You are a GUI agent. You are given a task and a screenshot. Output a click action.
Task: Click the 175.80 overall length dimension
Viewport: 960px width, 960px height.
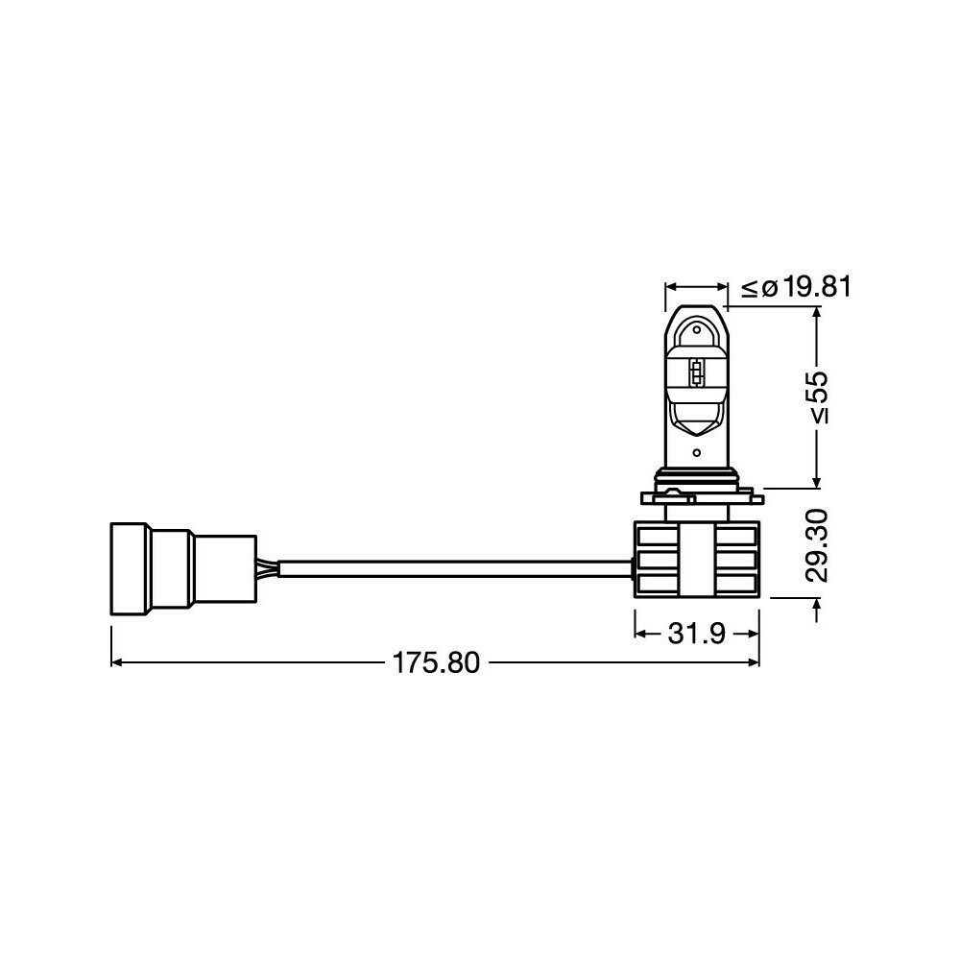click(x=435, y=663)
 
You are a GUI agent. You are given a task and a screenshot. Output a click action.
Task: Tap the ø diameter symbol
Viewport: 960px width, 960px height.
click(x=769, y=287)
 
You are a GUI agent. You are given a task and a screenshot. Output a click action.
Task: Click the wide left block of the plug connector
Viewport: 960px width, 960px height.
click(x=130, y=568)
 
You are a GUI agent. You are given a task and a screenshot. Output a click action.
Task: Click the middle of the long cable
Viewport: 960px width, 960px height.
click(x=451, y=569)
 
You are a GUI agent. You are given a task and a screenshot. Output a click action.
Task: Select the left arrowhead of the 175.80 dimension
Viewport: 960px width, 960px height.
click(x=117, y=662)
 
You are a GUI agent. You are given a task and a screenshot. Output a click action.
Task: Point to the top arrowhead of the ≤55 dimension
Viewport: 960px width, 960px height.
click(x=817, y=314)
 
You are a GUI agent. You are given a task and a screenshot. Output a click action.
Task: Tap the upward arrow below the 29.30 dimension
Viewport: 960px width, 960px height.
click(x=817, y=607)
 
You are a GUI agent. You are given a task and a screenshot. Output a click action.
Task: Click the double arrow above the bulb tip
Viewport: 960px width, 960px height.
click(x=697, y=287)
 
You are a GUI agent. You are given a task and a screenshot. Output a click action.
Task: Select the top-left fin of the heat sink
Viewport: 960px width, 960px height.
click(x=656, y=534)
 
